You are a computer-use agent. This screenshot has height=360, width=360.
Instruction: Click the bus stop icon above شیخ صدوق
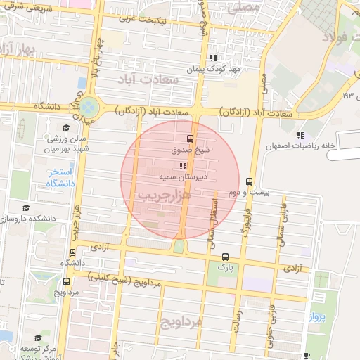pyautogui.click(x=190, y=138)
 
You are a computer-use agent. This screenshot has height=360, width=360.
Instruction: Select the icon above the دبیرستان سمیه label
pyautogui.click(x=183, y=167)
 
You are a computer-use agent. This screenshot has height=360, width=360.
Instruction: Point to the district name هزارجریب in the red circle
pyautogui.click(x=165, y=195)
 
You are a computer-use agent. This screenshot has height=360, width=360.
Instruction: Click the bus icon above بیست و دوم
pyautogui.click(x=250, y=181)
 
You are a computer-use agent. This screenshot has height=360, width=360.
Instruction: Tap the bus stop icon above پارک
pyautogui.click(x=225, y=257)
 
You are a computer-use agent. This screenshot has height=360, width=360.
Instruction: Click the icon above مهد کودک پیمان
pyautogui.click(x=212, y=58)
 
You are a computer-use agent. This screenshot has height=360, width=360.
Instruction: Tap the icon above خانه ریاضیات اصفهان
pyautogui.click(x=301, y=134)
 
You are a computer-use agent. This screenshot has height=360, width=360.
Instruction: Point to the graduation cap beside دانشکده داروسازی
pyautogui.click(x=26, y=208)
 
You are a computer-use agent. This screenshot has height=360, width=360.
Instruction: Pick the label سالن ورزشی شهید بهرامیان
pyautogui.click(x=65, y=144)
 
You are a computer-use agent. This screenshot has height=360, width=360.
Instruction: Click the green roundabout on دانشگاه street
pyautogui.click(x=89, y=108)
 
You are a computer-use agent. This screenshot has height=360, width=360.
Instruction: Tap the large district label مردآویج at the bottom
pyautogui.click(x=179, y=322)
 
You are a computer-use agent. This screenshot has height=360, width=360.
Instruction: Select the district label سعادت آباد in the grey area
pyautogui.click(x=160, y=79)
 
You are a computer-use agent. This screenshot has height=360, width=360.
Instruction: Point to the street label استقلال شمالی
pyautogui.click(x=214, y=219)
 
